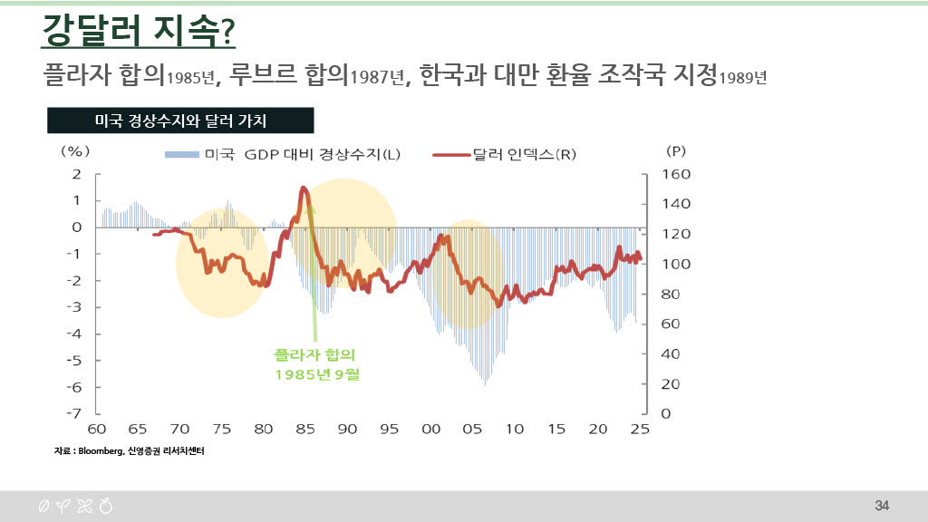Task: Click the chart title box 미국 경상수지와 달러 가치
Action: click(x=179, y=120)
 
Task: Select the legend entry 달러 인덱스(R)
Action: click(x=512, y=154)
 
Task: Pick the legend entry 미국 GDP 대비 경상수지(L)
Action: click(x=281, y=154)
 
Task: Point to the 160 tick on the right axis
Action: click(x=678, y=174)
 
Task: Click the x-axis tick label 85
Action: click(x=304, y=429)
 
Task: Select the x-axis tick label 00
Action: click(x=430, y=429)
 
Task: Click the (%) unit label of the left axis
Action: click(x=75, y=150)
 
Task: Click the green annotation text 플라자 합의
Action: click(x=315, y=354)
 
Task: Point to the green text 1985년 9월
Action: click(x=316, y=373)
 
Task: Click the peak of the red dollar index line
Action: click(x=304, y=188)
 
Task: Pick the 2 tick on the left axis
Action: click(x=77, y=174)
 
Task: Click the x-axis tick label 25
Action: click(x=640, y=429)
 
